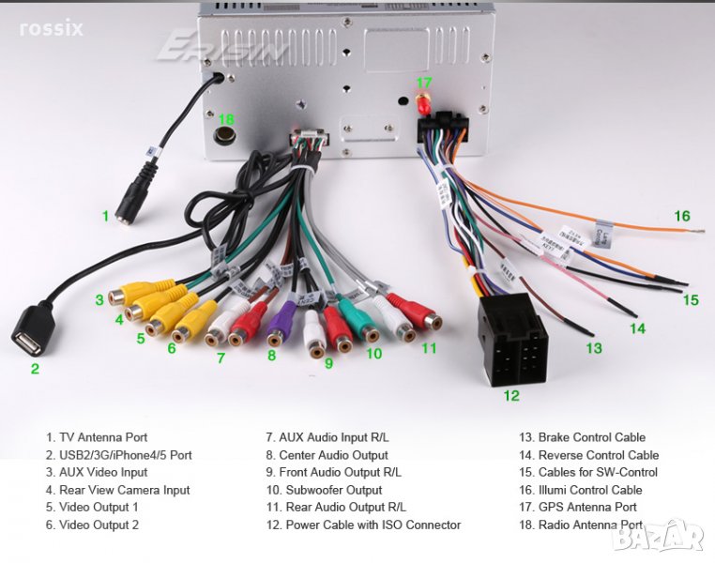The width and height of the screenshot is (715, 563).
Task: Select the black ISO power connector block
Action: [x=510, y=340]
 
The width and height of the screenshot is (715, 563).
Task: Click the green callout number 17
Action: [x=424, y=83]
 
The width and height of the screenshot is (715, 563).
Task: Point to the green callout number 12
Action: [x=510, y=395]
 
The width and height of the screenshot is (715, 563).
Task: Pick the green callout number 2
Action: [x=35, y=369]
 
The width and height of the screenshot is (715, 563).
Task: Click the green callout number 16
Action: [x=682, y=216]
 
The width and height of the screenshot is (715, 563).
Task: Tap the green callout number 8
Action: [x=271, y=356]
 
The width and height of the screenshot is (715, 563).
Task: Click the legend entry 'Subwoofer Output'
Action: [x=324, y=490]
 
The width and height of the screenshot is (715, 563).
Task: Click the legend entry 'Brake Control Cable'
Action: [x=582, y=437]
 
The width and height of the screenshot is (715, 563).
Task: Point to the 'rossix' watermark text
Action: [x=52, y=28]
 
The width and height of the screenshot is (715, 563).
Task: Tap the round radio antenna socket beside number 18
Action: [x=225, y=137]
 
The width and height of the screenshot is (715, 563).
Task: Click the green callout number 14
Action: [x=637, y=328]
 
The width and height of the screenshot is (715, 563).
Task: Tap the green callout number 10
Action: [x=374, y=354]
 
